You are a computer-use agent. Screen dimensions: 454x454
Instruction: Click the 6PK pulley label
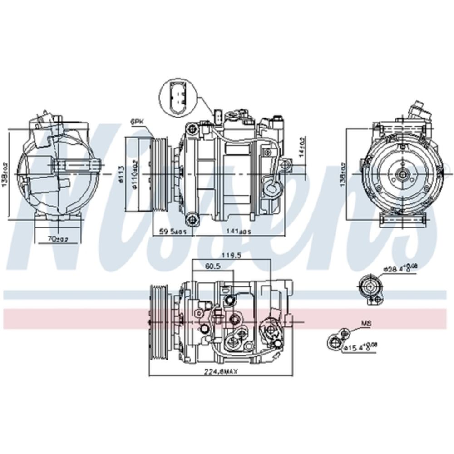(x=136, y=122)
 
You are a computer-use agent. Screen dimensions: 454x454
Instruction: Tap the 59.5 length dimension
(x=172, y=231)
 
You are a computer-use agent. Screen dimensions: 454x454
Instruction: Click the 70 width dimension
(x=57, y=238)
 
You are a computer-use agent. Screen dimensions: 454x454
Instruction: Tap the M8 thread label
(x=366, y=324)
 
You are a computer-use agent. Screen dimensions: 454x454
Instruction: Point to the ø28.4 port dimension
(x=400, y=269)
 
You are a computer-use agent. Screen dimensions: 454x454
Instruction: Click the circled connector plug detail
(x=176, y=96)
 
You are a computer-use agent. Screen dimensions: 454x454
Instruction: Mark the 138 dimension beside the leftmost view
(x=4, y=175)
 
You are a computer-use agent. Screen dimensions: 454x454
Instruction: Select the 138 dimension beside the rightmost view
(x=342, y=174)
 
